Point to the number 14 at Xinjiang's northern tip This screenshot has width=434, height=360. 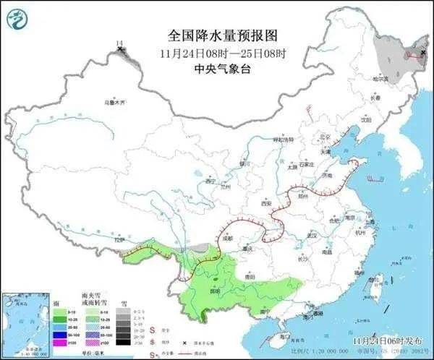coord(120,45)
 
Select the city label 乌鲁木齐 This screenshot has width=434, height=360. coord(114,102)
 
